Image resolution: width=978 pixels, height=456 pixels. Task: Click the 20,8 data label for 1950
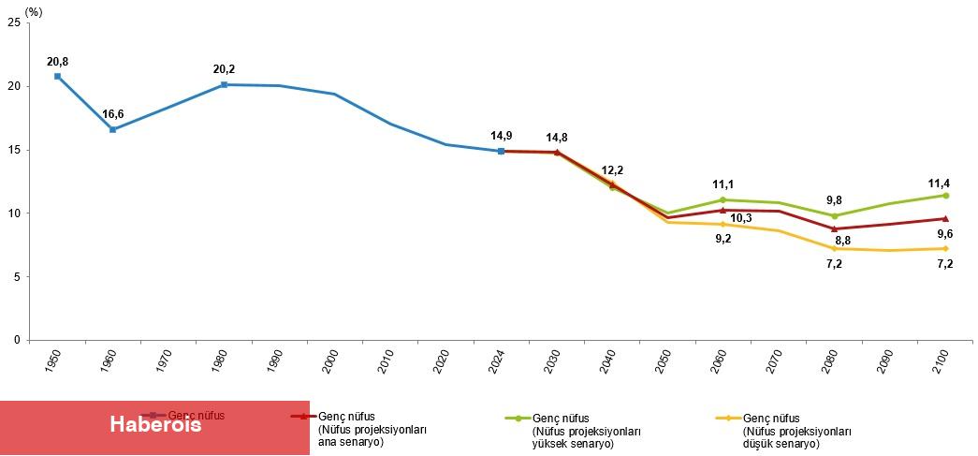pyautogui.click(x=57, y=62)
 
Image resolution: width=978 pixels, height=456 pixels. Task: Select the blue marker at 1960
pyautogui.click(x=112, y=129)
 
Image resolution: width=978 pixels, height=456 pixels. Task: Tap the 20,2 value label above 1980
pyautogui.click(x=224, y=69)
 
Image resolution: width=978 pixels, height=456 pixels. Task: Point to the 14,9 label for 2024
pyautogui.click(x=502, y=136)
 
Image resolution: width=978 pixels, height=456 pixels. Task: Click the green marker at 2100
pyautogui.click(x=945, y=196)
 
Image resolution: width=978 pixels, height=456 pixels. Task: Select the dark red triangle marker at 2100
pyautogui.click(x=945, y=219)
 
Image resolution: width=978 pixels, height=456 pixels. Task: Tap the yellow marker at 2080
pyautogui.click(x=834, y=248)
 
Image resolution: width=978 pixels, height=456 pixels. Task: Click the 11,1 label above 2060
pyautogui.click(x=723, y=185)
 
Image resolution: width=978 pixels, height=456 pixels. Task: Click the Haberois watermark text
pyautogui.click(x=155, y=424)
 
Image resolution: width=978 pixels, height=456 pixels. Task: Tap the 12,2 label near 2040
pyautogui.click(x=611, y=170)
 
